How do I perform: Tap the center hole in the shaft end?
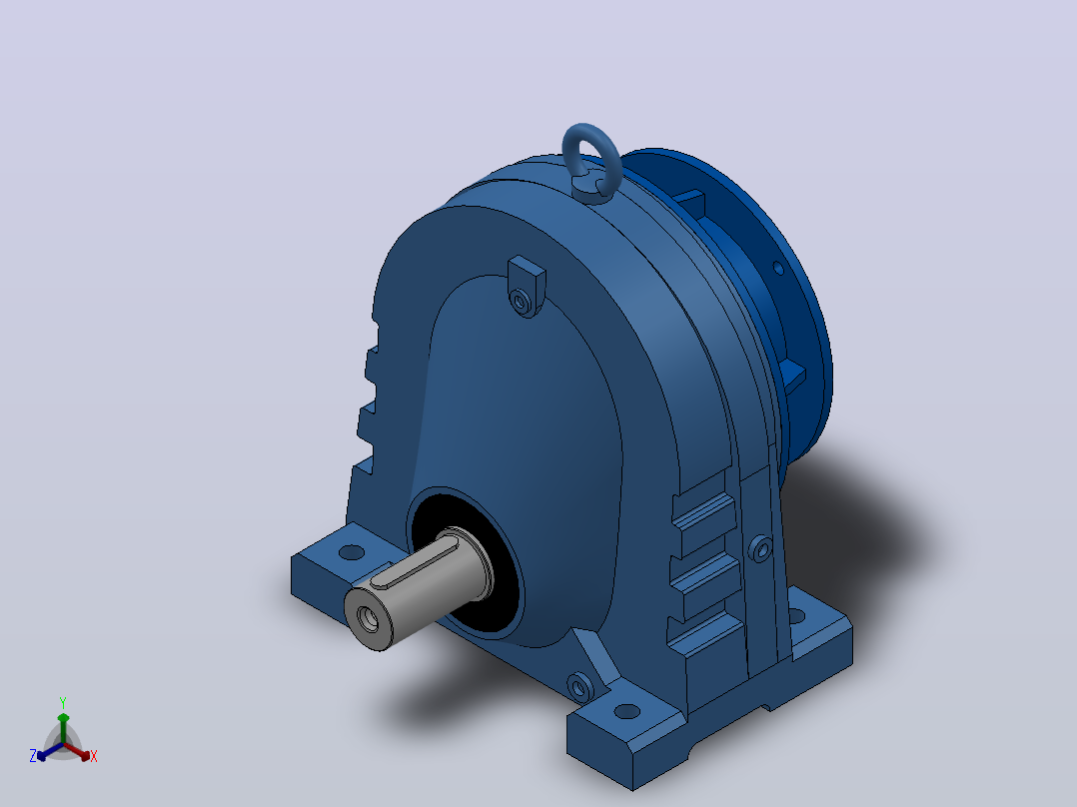[368, 619]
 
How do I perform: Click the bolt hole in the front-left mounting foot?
[352, 552]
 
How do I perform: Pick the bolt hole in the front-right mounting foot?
[625, 711]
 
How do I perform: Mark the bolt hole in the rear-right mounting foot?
[797, 616]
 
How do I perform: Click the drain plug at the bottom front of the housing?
[579, 686]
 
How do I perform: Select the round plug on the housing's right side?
[759, 548]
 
